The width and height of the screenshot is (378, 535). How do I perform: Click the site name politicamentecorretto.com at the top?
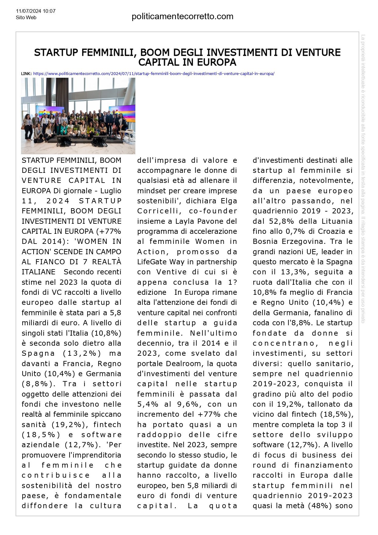(x=182, y=16)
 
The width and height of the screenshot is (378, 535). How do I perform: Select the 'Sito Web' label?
(x=26, y=18)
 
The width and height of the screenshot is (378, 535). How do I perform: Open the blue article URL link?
(x=154, y=74)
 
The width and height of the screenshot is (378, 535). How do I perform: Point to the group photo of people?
(x=78, y=116)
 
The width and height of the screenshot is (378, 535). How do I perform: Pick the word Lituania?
(x=337, y=221)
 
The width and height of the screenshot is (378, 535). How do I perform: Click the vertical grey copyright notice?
(x=363, y=178)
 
